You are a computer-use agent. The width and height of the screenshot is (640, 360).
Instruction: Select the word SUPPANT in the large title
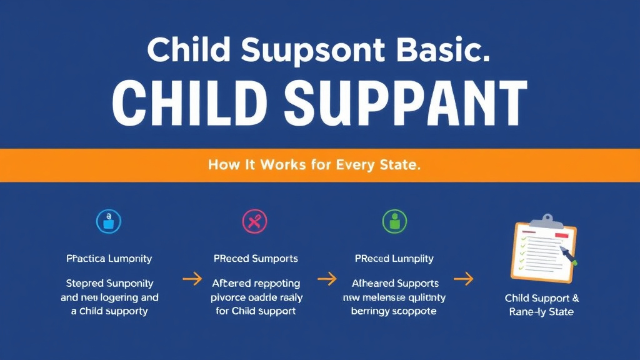407,104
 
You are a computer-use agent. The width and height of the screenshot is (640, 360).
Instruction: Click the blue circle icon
109,221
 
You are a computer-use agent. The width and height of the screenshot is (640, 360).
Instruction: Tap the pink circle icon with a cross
254,221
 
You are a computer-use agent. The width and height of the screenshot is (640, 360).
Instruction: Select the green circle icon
394,221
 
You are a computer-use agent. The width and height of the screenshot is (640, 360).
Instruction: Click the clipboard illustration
542,250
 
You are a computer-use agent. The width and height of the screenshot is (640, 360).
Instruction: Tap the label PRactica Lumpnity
109,258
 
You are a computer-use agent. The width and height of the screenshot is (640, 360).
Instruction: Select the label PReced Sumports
256,258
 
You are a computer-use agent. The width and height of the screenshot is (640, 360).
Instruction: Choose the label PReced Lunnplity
394,258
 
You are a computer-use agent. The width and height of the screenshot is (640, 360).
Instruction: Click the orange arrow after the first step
192,279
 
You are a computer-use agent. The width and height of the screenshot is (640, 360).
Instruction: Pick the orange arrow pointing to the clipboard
462,279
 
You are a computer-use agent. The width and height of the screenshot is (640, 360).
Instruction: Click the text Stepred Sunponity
109,283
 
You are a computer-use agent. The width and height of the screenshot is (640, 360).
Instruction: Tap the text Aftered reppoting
256,283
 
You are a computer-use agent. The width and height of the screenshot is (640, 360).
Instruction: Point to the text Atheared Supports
395,283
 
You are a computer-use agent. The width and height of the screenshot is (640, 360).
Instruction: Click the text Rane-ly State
542,312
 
